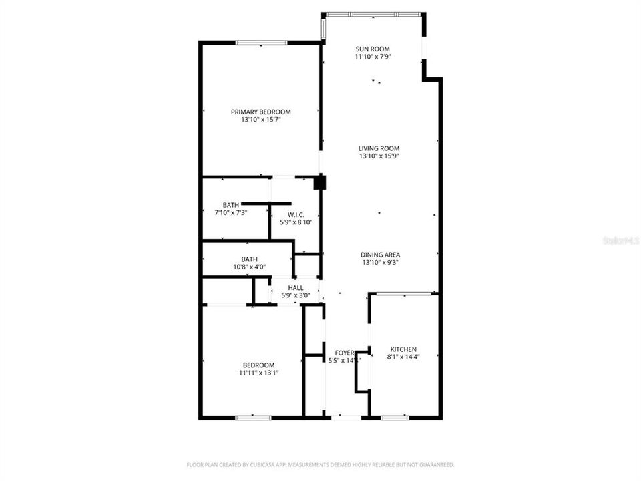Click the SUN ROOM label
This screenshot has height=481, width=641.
pos(372,49)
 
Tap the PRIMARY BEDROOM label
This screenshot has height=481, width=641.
pos(261,112)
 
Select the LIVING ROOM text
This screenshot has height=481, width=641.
pos(379,148)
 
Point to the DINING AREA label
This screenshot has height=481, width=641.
pos(380,255)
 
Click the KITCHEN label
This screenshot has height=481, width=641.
pos(403,349)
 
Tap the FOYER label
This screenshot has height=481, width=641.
pos(344,353)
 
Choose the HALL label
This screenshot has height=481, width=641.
pos(295,287)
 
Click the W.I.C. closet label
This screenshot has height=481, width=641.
pos(296,214)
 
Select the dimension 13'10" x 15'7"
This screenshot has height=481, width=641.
pos(261,120)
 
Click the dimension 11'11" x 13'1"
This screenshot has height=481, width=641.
pos(258,373)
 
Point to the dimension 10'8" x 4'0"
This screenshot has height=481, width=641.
pos(249,267)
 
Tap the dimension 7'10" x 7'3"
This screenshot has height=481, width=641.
pos(230,212)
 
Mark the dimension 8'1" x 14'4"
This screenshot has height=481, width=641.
pos(403,358)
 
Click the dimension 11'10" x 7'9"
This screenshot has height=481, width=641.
pos(372,57)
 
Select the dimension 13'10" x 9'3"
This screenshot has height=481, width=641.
pos(380,263)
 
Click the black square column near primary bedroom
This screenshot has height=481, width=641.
pos(320,182)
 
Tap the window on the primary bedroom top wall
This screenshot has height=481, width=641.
pos(261,43)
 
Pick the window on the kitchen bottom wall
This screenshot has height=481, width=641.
pos(394,418)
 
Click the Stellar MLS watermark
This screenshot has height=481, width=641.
pos(620,239)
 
